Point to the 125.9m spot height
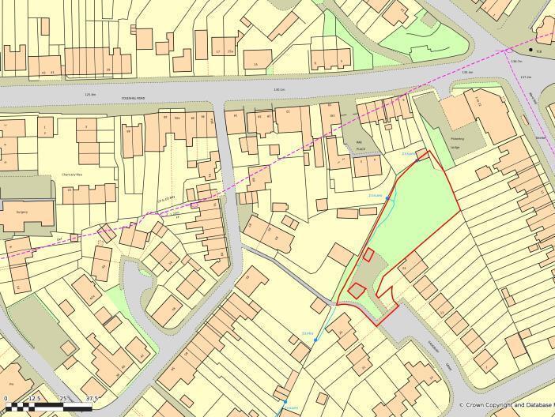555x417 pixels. (x=90, y=95)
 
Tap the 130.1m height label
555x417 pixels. (x=278, y=89)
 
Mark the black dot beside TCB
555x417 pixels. (x=531, y=50)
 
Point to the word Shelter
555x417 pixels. (x=541, y=136)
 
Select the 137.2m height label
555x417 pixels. (x=526, y=77)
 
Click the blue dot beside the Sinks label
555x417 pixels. (x=315, y=340)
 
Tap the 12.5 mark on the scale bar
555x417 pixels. (x=34, y=399)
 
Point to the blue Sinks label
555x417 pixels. (x=308, y=334)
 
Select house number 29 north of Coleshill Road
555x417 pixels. (x=108, y=69)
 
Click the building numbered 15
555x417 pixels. (x=255, y=64)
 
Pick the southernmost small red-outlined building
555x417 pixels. (x=357, y=290)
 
